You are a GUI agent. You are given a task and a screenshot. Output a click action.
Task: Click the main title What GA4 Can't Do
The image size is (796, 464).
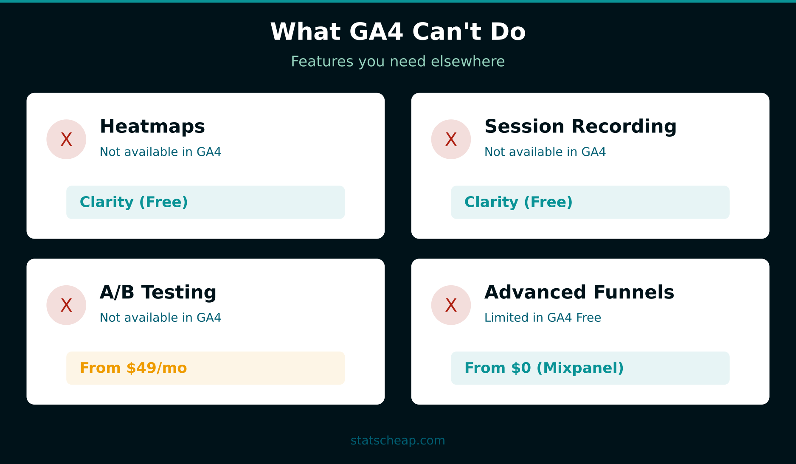click(x=398, y=32)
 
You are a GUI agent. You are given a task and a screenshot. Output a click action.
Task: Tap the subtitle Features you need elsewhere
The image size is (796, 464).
click(x=398, y=62)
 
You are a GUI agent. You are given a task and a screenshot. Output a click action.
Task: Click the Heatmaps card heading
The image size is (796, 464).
click(x=152, y=127)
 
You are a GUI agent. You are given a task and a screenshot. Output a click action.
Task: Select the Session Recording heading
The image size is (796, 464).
click(x=580, y=127)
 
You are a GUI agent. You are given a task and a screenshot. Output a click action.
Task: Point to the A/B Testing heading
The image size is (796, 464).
click(x=158, y=292)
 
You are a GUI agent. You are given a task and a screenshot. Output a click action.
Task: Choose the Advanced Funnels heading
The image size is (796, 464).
click(x=579, y=292)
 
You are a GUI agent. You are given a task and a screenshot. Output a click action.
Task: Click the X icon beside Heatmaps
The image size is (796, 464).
click(x=66, y=139)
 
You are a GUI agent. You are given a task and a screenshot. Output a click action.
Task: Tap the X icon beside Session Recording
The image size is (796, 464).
click(x=451, y=139)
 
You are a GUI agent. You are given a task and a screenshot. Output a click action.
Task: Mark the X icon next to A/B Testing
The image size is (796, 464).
click(x=66, y=305)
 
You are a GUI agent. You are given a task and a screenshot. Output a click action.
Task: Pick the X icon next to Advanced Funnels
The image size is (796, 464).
click(x=451, y=305)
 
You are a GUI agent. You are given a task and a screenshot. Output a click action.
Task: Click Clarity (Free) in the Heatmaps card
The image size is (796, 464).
click(x=134, y=202)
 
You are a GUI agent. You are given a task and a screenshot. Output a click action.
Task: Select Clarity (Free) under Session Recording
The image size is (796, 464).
click(x=518, y=202)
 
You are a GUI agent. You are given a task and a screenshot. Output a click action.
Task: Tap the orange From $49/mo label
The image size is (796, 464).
click(x=133, y=368)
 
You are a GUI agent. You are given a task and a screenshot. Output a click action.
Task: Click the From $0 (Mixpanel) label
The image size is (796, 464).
click(x=544, y=368)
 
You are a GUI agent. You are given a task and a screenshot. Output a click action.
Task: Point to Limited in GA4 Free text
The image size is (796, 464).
click(x=543, y=318)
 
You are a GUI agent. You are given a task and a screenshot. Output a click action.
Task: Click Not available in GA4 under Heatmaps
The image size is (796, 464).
click(x=160, y=152)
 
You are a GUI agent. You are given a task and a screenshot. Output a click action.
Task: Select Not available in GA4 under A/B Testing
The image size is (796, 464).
click(x=160, y=318)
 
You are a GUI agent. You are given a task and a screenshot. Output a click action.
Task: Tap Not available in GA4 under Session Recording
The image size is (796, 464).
click(x=545, y=152)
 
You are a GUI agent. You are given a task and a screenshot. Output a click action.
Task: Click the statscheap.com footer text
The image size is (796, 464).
click(x=398, y=441)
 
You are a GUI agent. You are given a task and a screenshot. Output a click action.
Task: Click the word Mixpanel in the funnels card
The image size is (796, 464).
click(x=580, y=368)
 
